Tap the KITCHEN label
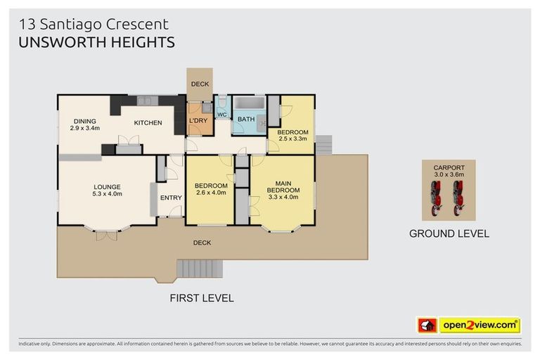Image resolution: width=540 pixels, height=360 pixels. click(148, 123)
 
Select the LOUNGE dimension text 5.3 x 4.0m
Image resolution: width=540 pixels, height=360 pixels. click(107, 193)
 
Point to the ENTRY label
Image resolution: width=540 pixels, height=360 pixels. click(171, 198)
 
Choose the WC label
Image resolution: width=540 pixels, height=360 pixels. click(221, 115)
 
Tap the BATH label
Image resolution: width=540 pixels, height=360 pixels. click(246, 120)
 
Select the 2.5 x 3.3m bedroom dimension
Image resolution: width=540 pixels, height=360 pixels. click(292, 139)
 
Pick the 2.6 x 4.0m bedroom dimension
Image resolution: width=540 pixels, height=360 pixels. click(210, 193)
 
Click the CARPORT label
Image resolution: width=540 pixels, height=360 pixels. click(448, 168)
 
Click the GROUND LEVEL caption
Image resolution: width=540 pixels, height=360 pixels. click(449, 233)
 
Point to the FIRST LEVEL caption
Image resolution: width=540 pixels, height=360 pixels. click(202, 298)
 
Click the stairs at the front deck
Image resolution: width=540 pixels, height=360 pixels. click(200, 268)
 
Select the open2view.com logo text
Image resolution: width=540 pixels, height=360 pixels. click(480, 326)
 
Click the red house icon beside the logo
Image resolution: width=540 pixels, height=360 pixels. click(427, 326)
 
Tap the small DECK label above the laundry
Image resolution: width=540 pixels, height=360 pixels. click(200, 85)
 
